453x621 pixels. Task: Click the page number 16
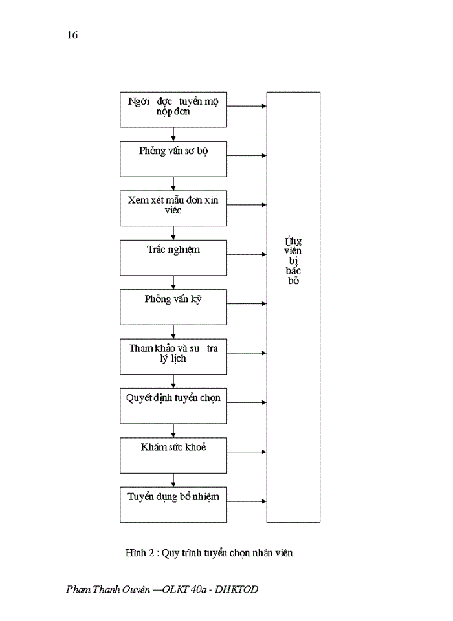point(72,35)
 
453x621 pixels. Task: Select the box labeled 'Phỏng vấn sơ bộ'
point(173,158)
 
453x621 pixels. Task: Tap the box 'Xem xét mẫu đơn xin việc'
point(173,208)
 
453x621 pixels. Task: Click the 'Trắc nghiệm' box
point(173,257)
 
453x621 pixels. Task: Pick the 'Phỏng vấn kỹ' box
point(173,307)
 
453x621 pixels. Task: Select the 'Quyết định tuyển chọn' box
point(173,406)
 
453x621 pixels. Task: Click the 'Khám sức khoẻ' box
point(173,455)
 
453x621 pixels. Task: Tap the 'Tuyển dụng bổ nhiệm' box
point(173,505)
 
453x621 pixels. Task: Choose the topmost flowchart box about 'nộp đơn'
point(173,109)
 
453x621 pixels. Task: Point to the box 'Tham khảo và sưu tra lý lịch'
point(173,356)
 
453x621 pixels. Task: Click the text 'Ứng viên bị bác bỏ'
point(293,261)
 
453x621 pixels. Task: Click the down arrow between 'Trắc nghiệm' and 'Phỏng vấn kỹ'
point(173,283)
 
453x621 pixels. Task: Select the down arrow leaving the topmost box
point(173,134)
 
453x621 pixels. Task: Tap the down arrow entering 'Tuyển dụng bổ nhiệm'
point(173,480)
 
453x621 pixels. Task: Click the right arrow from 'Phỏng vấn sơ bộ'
point(247,155)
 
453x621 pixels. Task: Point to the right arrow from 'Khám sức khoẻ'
point(247,452)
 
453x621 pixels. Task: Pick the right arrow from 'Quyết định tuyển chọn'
point(247,402)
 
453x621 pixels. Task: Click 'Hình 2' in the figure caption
point(139,553)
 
